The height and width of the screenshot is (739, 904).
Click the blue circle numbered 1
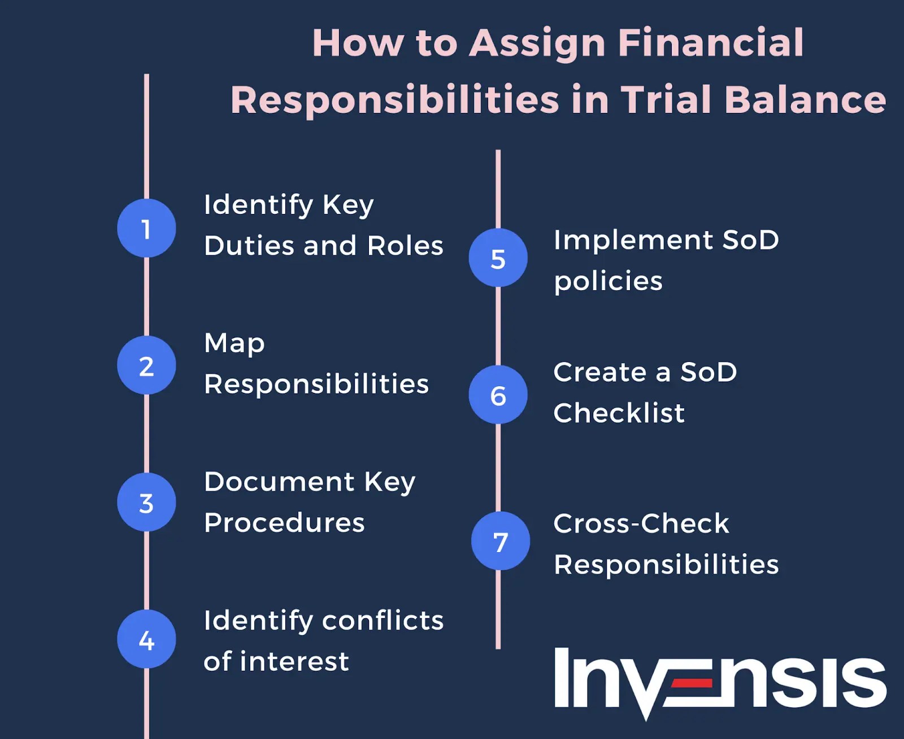pos(146,228)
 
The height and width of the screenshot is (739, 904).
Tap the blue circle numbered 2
pos(146,365)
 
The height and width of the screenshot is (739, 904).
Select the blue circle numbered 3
pos(146,502)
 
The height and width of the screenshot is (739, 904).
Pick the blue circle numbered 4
pos(146,639)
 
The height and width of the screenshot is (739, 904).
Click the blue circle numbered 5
pos(498,258)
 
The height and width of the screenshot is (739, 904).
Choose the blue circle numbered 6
pos(498,395)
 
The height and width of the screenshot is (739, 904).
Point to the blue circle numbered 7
pos(500,541)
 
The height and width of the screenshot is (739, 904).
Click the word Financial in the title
pos(710,43)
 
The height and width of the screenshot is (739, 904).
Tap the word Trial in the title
pos(666,100)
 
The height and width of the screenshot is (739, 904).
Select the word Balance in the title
pos(805,100)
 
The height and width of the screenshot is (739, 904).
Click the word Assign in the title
pos(537,44)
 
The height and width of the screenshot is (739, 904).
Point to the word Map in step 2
pos(234,343)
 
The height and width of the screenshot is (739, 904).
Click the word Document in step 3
pos(279,482)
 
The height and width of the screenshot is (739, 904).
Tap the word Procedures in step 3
pos(284,523)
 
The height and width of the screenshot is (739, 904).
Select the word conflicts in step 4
pos(383,620)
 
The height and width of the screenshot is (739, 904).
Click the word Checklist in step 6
pos(619,413)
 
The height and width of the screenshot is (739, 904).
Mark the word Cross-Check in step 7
pos(641,523)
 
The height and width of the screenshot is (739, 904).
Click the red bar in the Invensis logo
pos(692,684)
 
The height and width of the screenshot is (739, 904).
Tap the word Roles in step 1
pos(405,246)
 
